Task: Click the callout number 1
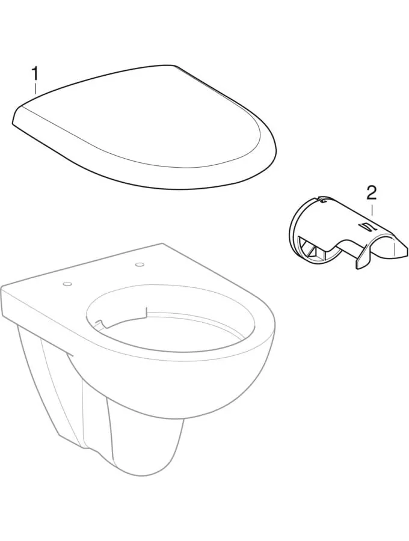coord(35,74)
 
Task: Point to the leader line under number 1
coord(35,88)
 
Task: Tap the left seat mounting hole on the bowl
coord(67,284)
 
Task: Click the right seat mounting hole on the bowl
coord(140,264)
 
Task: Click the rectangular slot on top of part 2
coord(365,227)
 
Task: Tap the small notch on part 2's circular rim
coord(321,200)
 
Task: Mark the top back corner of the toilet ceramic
coord(162,244)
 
